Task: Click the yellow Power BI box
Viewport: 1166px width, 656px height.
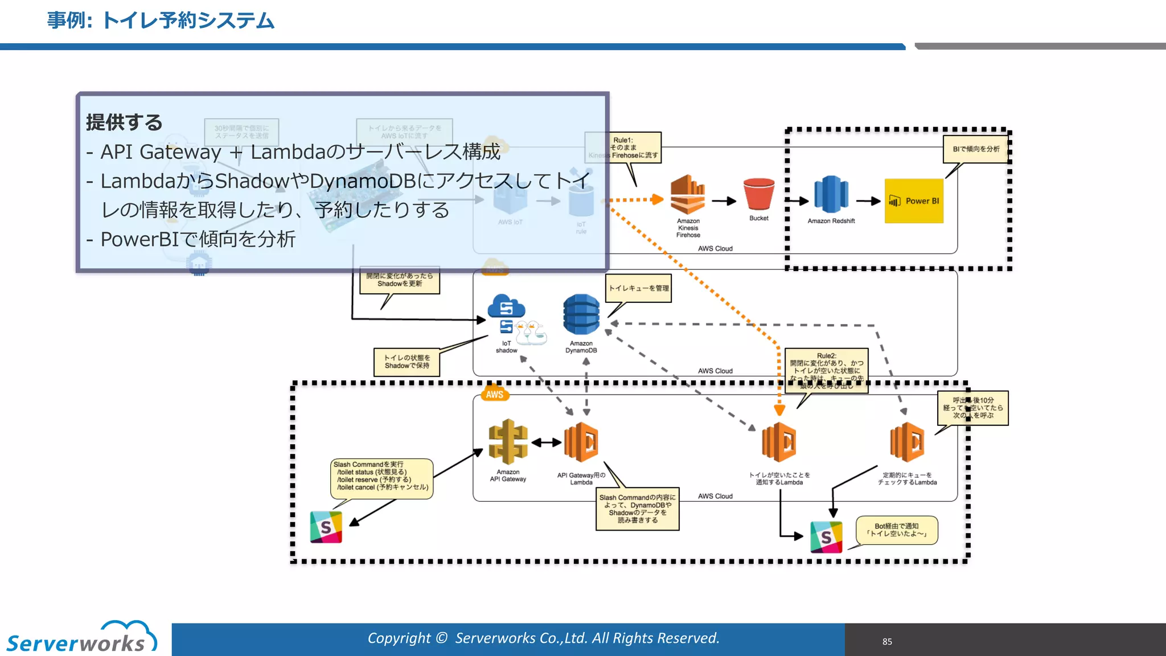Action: coord(914,201)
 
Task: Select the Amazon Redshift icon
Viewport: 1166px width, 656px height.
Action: coord(831,195)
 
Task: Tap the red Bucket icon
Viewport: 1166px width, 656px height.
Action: coord(758,194)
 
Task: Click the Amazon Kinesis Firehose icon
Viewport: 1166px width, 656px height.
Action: coord(687,195)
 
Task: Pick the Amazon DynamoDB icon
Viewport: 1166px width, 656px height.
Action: coord(581,315)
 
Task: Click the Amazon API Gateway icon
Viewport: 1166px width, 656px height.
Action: coord(508,442)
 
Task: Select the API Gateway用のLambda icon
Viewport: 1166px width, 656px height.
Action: coord(581,442)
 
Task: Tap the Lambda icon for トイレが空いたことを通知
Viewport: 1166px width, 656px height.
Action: coord(779,442)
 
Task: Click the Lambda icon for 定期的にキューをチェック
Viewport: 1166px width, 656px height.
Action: coord(907,442)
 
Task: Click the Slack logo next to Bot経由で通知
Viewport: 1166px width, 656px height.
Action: coord(826,537)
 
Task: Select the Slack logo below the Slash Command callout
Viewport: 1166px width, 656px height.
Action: coord(326,527)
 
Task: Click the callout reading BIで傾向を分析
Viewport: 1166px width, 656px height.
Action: coord(976,149)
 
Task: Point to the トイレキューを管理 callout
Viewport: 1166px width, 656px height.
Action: coord(639,288)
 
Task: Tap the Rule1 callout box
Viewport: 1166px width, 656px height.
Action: coord(634,147)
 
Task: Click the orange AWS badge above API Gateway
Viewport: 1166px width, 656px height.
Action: coord(494,394)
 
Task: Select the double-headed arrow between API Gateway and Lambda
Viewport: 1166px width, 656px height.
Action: coord(547,442)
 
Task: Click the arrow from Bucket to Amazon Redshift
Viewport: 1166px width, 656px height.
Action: coord(797,201)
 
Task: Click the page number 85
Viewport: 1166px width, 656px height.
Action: coord(887,642)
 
